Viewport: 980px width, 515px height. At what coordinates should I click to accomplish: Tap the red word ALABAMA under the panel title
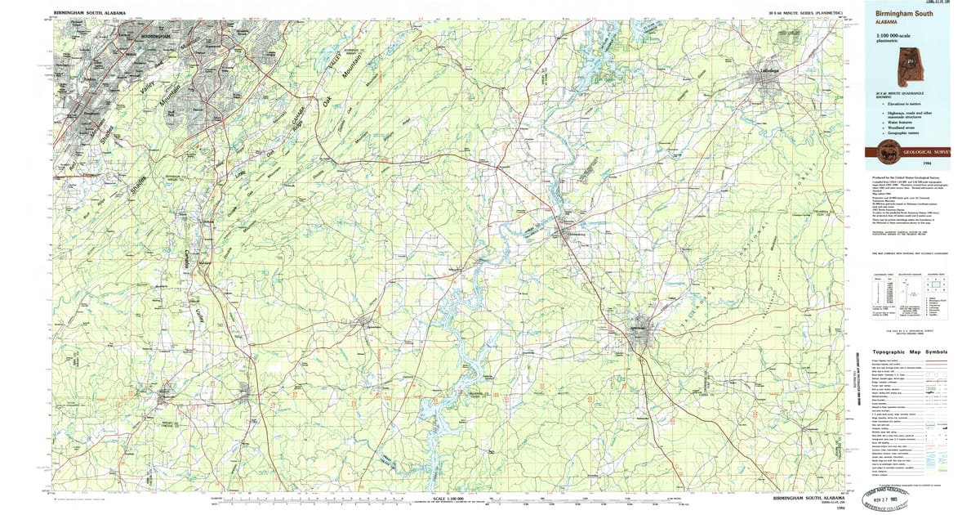coord(886,23)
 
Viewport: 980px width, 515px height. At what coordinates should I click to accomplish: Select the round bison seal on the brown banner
coord(884,150)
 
